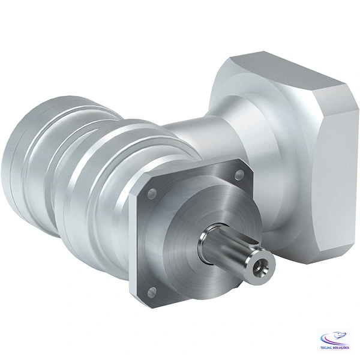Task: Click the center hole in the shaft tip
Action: [x=259, y=269]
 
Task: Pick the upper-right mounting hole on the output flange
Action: [x=239, y=174]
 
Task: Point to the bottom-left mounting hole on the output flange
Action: [x=151, y=292]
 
